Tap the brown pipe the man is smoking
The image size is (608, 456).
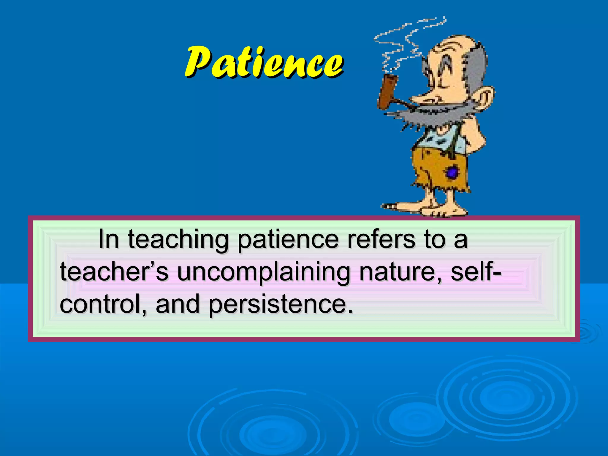point(387,91)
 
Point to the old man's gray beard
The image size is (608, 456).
point(427,116)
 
